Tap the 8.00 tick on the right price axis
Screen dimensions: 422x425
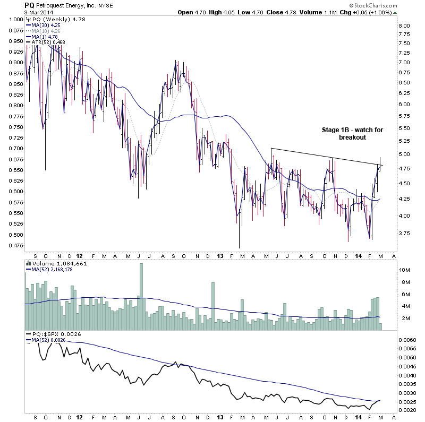pos(404,25)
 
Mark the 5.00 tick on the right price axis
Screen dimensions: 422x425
pos(404,154)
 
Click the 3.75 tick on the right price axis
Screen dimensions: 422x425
pos(404,234)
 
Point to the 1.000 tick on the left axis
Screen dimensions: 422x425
pos(16,19)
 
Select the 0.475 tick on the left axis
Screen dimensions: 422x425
pos(16,245)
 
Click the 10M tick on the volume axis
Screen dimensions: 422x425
pos(405,270)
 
